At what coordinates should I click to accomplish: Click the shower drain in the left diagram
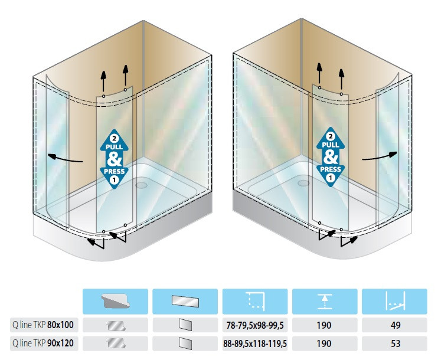[x=142, y=184]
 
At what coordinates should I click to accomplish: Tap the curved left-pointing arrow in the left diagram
[x=66, y=158]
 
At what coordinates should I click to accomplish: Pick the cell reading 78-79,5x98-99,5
[x=254, y=325]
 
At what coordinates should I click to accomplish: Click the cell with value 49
[x=394, y=325]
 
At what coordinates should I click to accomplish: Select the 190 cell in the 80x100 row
[x=324, y=325]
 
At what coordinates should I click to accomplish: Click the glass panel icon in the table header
[x=185, y=301]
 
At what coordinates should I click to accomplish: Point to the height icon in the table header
[x=324, y=301]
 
